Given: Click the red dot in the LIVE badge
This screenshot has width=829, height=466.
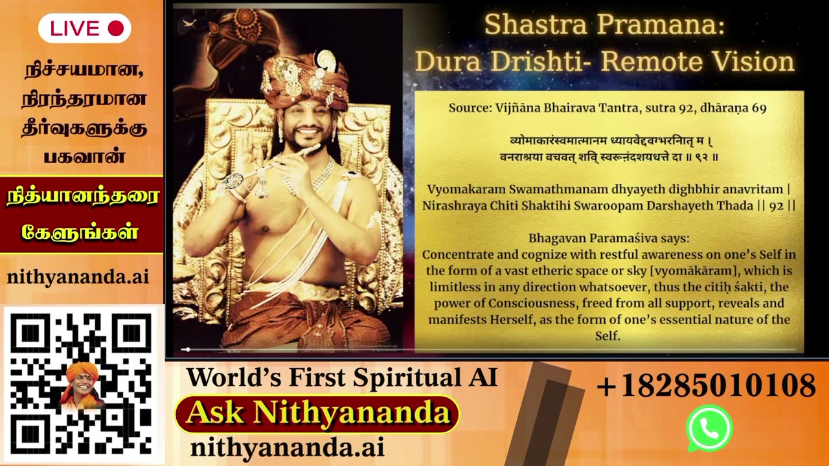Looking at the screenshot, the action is pyautogui.click(x=115, y=28).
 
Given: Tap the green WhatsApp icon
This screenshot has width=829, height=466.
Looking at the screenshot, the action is pyautogui.click(x=709, y=428).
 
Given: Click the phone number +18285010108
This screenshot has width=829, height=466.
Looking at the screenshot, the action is pyautogui.click(x=706, y=385).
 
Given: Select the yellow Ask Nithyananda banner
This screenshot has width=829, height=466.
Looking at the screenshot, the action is pyautogui.click(x=317, y=414).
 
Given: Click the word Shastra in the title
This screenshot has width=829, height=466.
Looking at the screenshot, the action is pyautogui.click(x=536, y=25).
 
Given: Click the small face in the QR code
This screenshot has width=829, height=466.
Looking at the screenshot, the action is pyautogui.click(x=82, y=384).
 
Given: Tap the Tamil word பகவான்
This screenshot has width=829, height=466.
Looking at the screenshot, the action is pyautogui.click(x=84, y=156).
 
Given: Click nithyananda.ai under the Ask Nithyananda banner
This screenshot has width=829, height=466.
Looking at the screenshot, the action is pyautogui.click(x=287, y=447).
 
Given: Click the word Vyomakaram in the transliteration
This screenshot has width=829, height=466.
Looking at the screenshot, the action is pyautogui.click(x=466, y=190).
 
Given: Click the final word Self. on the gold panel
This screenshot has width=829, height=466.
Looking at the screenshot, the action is pyautogui.click(x=608, y=336).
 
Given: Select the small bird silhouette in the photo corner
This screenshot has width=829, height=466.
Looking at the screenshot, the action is pyautogui.click(x=190, y=23).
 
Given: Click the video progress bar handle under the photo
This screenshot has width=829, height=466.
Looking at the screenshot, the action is pyautogui.click(x=188, y=349).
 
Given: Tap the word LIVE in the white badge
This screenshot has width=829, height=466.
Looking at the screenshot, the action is pyautogui.click(x=74, y=28).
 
